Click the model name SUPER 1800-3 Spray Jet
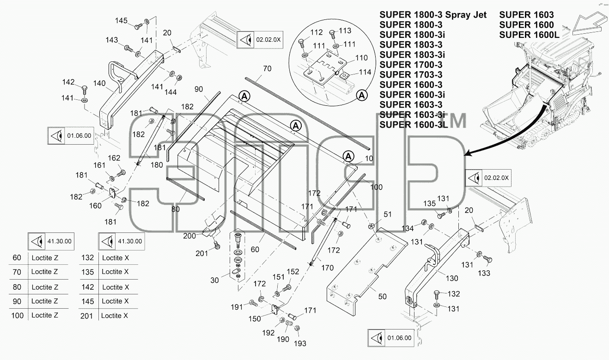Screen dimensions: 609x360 click(433, 15)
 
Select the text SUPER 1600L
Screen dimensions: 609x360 click(529, 35)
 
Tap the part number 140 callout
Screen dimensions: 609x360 click(99, 83)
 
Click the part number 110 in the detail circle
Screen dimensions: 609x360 click(361, 58)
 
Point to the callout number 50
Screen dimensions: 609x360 click(382, 296)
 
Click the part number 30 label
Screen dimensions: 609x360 click(214, 280)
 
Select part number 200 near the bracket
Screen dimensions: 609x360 click(189, 236)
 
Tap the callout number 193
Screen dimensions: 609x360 click(300, 343)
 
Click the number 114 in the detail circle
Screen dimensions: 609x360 click(365, 72)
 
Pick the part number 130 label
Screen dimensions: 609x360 click(452, 278)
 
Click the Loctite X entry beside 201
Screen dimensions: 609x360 click(115, 316)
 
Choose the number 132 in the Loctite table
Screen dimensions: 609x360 click(87, 257)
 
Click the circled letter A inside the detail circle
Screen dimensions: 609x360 click(362, 96)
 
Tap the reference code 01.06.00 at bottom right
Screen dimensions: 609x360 click(399, 338)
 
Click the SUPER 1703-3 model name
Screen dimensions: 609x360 click(411, 74)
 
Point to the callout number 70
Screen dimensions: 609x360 click(267, 68)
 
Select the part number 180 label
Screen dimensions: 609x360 click(157, 165)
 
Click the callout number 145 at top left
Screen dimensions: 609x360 click(121, 21)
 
